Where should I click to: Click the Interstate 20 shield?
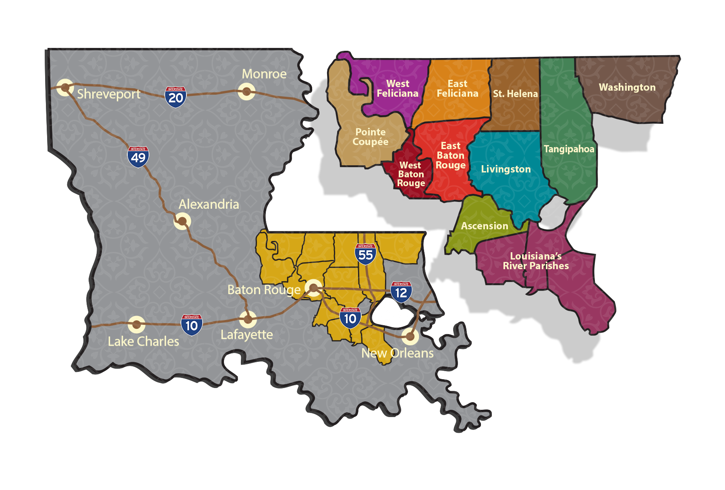175,97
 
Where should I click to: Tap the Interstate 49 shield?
138,157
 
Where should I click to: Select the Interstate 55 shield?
365,254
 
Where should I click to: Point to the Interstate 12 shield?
401,292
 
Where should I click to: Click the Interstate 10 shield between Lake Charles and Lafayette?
191,325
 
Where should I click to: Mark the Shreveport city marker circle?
65,87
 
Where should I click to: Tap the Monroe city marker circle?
246,91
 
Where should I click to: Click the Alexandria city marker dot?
182,221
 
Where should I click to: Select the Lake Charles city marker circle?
137,324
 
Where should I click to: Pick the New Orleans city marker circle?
410,336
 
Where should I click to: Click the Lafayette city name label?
246,335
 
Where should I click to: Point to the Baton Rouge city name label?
264,290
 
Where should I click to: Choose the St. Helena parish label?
515,94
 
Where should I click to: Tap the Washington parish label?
627,87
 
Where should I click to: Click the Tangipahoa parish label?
569,149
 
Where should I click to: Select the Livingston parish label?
506,169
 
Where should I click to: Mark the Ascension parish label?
485,226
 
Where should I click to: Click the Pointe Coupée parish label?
371,137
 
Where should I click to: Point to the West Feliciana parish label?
398,89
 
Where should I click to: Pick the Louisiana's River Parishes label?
536,261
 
